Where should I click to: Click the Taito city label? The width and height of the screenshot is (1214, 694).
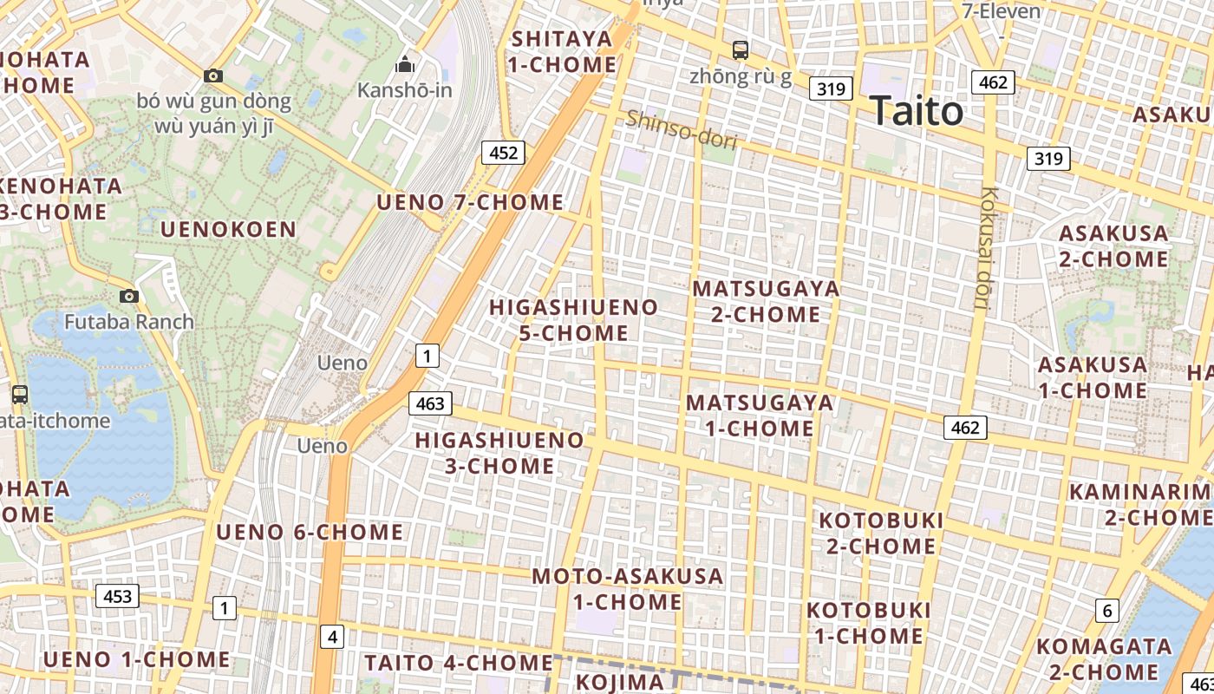click(917, 112)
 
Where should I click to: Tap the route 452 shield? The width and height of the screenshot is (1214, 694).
click(503, 154)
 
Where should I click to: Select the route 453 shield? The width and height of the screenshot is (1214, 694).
click(117, 596)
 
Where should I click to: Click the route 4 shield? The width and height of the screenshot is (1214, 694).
click(332, 637)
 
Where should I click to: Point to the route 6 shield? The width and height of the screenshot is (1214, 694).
click(1106, 611)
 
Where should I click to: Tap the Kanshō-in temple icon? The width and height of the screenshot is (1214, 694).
click(404, 65)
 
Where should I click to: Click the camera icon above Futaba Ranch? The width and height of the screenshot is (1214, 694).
click(129, 297)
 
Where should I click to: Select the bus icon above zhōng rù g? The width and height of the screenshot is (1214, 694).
click(740, 50)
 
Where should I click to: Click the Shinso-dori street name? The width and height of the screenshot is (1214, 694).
click(681, 129)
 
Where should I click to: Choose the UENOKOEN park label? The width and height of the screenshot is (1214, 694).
click(229, 230)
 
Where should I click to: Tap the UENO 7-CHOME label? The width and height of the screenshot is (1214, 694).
click(470, 203)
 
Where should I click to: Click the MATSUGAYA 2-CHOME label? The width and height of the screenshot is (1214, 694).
click(767, 301)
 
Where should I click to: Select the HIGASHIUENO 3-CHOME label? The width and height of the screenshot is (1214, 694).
click(499, 453)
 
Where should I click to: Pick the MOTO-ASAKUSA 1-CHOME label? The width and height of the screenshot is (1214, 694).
click(627, 588)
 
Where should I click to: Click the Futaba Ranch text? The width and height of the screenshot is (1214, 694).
click(129, 322)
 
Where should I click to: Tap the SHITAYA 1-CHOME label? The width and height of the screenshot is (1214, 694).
click(563, 51)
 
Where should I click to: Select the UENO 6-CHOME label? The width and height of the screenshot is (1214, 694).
click(310, 532)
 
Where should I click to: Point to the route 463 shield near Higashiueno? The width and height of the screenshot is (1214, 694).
click(430, 403)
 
